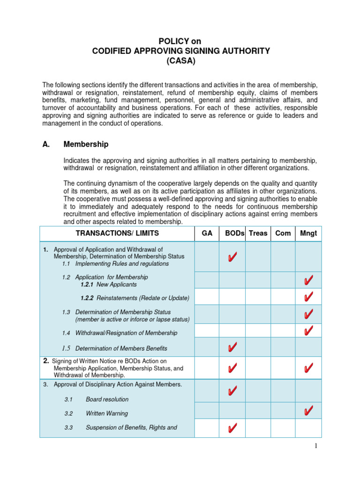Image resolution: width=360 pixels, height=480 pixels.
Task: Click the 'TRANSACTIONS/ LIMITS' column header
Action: click(x=117, y=233)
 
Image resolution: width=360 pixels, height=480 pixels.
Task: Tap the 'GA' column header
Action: click(x=207, y=233)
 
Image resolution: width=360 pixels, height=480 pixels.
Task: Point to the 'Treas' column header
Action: click(x=258, y=233)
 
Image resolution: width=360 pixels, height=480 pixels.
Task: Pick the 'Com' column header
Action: click(x=283, y=233)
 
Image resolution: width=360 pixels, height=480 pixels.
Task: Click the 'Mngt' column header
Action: click(x=308, y=233)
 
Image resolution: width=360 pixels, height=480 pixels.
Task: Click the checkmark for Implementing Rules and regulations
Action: click(x=232, y=257)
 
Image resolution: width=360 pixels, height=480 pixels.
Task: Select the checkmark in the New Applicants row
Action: click(x=308, y=280)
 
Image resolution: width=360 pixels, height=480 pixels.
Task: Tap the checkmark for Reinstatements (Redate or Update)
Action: click(x=308, y=297)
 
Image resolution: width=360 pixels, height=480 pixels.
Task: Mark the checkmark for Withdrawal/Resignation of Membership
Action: click(x=308, y=331)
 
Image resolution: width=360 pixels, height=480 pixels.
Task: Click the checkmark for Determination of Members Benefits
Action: click(x=232, y=347)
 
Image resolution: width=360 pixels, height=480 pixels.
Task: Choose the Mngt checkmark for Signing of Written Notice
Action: click(x=308, y=368)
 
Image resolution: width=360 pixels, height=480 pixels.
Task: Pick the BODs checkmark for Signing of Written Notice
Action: click(x=232, y=368)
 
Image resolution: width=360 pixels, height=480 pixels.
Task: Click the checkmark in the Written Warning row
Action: click(x=308, y=411)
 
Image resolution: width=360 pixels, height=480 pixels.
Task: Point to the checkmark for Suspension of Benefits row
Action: click(x=232, y=428)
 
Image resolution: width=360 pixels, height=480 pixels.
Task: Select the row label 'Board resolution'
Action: click(x=107, y=399)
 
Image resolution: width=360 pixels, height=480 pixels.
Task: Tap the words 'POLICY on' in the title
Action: click(x=180, y=42)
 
